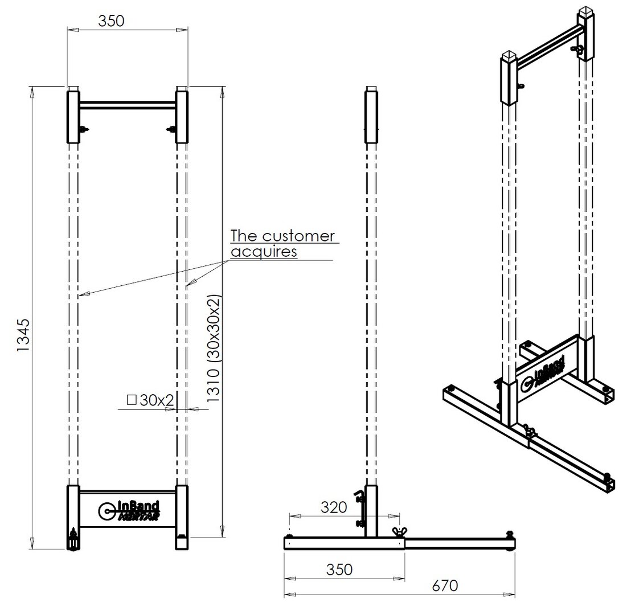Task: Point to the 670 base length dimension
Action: click(445, 585)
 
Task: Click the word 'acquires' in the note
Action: click(264, 252)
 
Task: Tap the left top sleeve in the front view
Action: click(73, 117)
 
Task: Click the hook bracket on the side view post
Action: click(359, 507)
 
